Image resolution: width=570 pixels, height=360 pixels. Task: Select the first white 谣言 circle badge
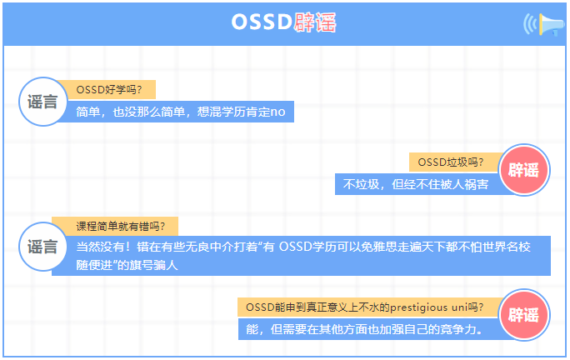coord(42,102)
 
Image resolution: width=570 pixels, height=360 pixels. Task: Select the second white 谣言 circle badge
coord(42,246)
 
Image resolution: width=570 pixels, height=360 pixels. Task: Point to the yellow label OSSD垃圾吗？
coord(450,162)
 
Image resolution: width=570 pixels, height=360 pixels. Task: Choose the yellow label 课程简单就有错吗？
coord(115,226)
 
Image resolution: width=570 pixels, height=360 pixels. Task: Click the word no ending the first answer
coord(278,111)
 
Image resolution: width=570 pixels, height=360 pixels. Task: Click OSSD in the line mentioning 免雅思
coord(295,247)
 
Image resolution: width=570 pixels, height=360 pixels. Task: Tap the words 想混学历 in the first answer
coord(221,111)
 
